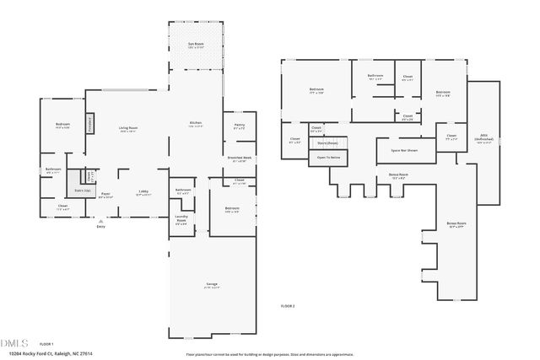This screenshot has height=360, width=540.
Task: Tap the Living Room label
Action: tap(128, 129)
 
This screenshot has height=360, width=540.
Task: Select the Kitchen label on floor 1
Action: tap(195, 125)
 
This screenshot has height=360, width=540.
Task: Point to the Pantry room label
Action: tap(239, 126)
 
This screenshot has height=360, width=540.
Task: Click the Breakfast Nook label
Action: tap(239, 159)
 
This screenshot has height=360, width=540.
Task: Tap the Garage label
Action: tap(212, 285)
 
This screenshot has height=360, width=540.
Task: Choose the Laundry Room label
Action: tap(181, 221)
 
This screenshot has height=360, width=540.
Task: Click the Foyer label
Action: tap(106, 195)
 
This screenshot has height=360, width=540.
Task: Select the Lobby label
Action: tap(143, 193)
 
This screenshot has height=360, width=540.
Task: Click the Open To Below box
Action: tap(328, 157)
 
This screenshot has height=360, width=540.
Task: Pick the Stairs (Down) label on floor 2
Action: tap(328, 142)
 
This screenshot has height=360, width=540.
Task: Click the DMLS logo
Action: tap(14, 342)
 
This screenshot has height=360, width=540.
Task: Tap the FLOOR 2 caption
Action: tap(289, 304)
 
